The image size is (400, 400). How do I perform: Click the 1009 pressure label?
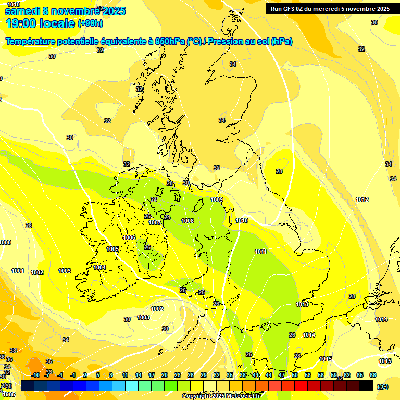click(217, 200)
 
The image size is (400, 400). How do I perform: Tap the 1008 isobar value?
click(187, 221)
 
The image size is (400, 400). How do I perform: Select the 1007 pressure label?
click(155, 222)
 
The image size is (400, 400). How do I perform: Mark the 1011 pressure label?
click(261, 252)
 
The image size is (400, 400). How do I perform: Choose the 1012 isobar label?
click(362, 200)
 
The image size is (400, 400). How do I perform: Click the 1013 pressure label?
click(302, 304)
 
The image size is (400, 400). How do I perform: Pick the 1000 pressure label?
click(5, 243)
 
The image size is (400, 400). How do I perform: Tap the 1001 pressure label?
click(18, 271)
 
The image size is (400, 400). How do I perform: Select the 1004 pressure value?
click(99, 267)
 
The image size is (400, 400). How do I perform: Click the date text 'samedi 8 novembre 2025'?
click(65, 11)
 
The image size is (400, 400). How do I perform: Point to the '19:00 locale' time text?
click(40, 23)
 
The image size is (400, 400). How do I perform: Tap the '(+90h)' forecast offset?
click(90, 23)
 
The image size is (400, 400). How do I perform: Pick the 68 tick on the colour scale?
click(373, 375)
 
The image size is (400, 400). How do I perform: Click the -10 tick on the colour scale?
click(35, 375)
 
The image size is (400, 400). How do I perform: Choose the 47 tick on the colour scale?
click(282, 375)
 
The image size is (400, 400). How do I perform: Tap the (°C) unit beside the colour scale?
click(383, 386)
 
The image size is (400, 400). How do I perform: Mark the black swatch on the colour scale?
click(366, 385)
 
